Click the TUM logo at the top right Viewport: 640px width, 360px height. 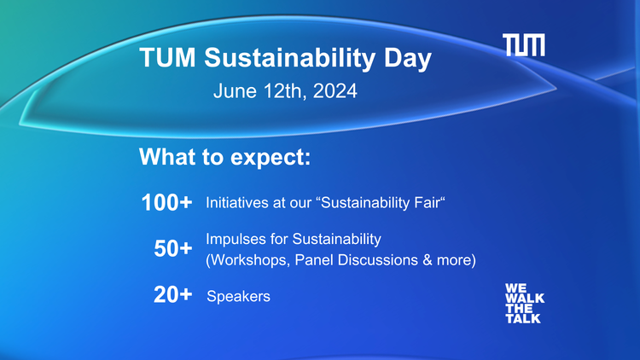[x=523, y=46]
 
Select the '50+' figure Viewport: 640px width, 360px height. [x=172, y=249]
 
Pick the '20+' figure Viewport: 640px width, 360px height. [x=172, y=296]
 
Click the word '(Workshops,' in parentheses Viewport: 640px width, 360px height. [x=247, y=259]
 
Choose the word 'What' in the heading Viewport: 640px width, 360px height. [x=166, y=158]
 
